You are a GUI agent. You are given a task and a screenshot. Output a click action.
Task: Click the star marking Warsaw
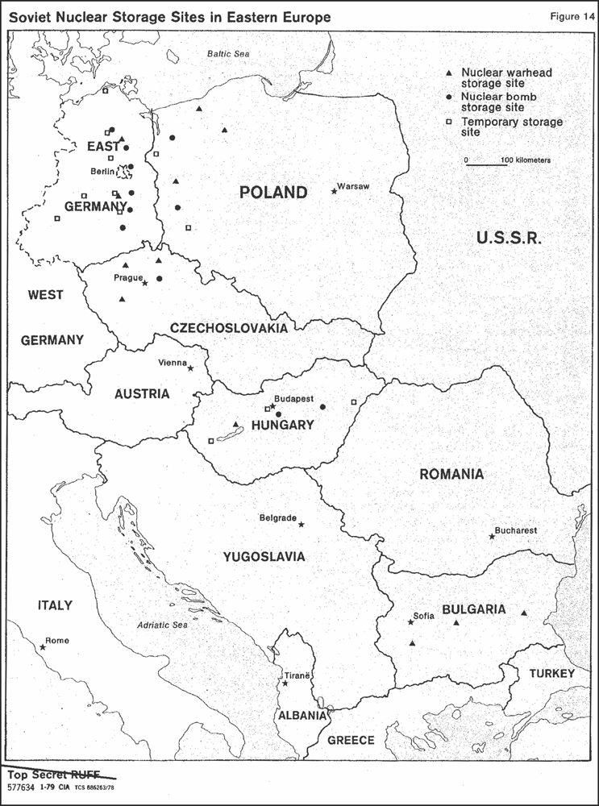pos(334,191)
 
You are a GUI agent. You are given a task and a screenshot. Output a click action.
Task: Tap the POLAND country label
pos(273,192)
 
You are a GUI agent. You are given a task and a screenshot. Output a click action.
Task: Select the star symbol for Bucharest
pos(492,536)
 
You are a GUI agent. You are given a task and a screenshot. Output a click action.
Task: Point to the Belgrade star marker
pos(302,525)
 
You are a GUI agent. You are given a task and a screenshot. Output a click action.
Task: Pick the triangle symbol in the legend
pos(448,73)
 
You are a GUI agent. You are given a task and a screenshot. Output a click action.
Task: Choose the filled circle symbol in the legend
pos(448,97)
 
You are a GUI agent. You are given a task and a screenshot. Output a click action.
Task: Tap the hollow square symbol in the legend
pos(448,122)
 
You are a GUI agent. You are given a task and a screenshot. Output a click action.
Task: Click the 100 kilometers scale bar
pos(486,164)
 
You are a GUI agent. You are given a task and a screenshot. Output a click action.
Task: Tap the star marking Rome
pos(43,646)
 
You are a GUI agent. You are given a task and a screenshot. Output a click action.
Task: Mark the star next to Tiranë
pos(285,683)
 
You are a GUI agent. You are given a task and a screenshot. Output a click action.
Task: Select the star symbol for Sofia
pos(410,622)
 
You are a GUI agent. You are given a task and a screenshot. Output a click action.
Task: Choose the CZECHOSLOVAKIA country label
pos(228,328)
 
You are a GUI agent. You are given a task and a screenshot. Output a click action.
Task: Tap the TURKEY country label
pos(551,673)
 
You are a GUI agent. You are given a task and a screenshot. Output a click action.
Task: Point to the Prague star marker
pos(144,283)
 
